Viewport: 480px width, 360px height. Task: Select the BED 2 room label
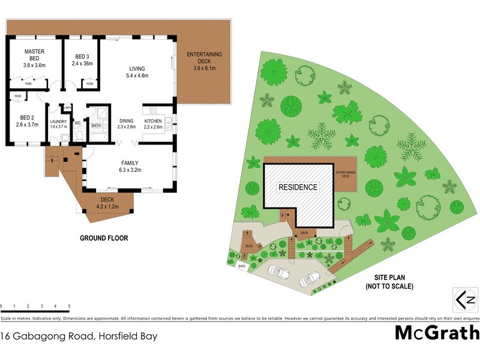pyautogui.click(x=27, y=121)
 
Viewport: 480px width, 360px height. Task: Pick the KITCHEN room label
pyautogui.click(x=153, y=124)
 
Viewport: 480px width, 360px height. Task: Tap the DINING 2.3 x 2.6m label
pyautogui.click(x=126, y=124)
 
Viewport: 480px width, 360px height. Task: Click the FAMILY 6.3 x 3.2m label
pyautogui.click(x=130, y=166)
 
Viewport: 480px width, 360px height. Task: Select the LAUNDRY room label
pyautogui.click(x=59, y=124)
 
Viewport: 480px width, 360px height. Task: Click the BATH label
pyautogui.click(x=96, y=126)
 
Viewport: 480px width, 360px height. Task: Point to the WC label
pyautogui.click(x=77, y=123)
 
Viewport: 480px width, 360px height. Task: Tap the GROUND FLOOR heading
pyautogui.click(x=104, y=238)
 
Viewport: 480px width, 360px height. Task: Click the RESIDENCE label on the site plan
pyautogui.click(x=298, y=187)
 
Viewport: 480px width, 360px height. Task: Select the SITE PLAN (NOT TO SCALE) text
pyautogui.click(x=389, y=283)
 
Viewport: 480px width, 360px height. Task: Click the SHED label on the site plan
pyautogui.click(x=241, y=266)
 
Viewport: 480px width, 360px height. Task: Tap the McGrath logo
pyautogui.click(x=437, y=332)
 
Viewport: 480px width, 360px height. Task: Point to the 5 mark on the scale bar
pyautogui.click(x=70, y=306)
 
